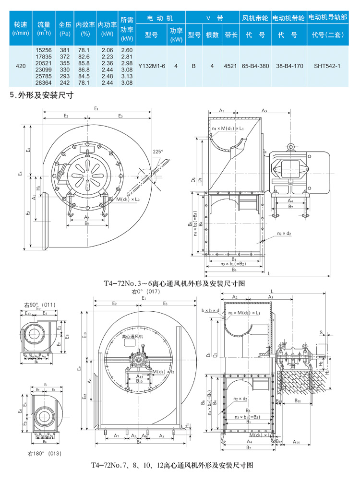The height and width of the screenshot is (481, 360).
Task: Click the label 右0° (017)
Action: pos(145,291)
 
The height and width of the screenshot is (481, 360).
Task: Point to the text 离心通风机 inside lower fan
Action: pos(135,337)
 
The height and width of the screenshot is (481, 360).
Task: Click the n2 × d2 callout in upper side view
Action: pos(285,234)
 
